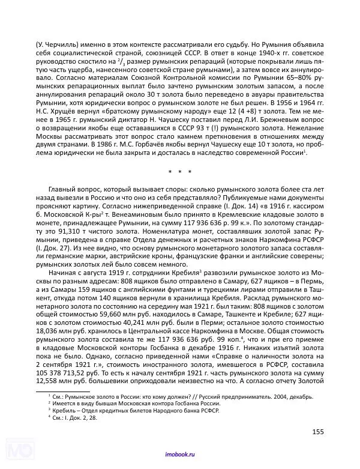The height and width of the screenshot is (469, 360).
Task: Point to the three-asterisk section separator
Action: click(x=179, y=173)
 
